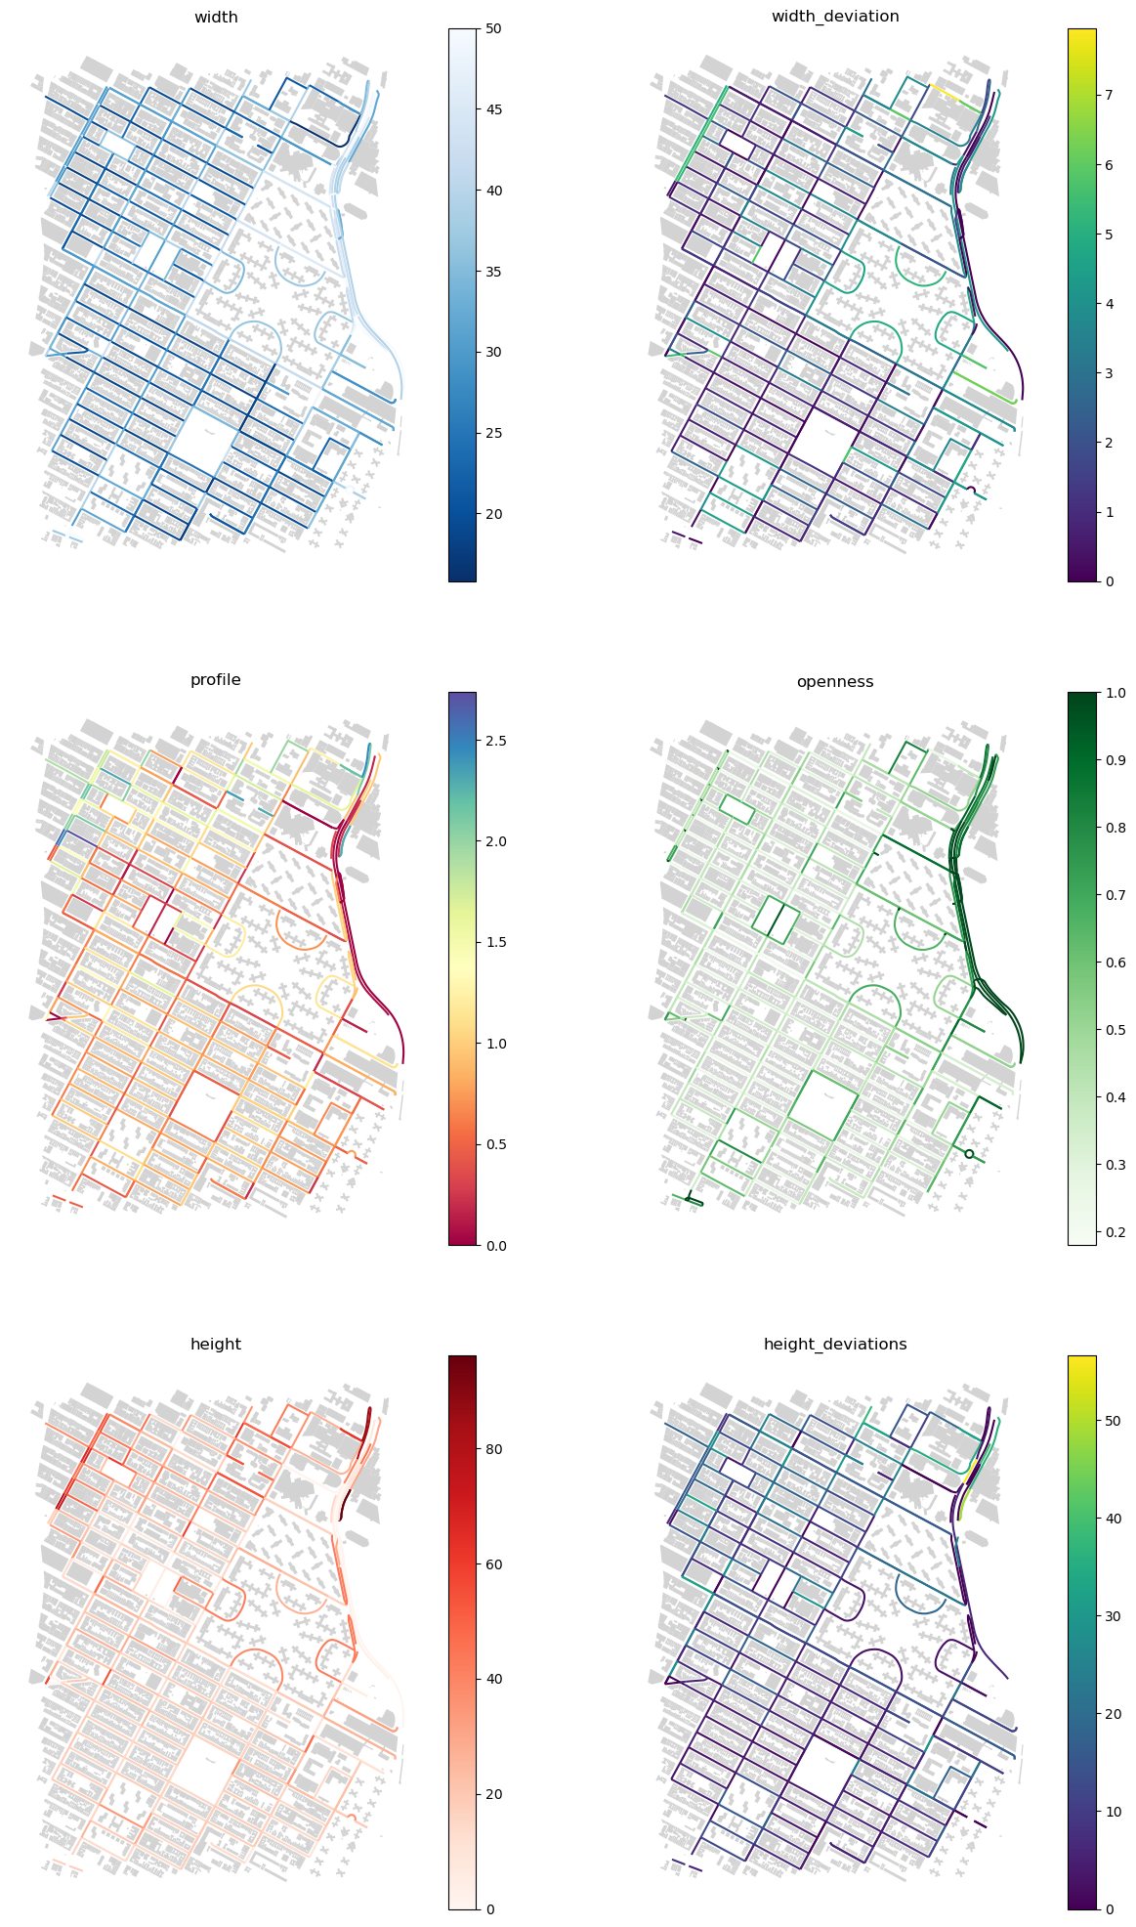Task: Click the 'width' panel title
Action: click(216, 17)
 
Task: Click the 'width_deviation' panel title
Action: click(835, 17)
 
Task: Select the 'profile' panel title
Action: click(216, 680)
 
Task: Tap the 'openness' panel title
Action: click(835, 681)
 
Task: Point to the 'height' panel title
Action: click(216, 1345)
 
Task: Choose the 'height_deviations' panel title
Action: click(835, 1345)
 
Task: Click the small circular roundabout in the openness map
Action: click(969, 1154)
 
